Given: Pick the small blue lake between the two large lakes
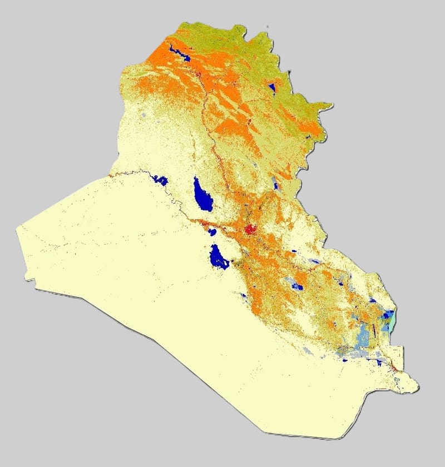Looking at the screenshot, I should click(211, 230).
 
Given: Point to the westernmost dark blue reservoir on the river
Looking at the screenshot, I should click(160, 180).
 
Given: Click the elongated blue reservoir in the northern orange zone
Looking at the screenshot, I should click(179, 53).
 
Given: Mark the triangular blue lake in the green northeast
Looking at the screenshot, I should click(272, 87).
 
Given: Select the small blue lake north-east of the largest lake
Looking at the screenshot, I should click(275, 184).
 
